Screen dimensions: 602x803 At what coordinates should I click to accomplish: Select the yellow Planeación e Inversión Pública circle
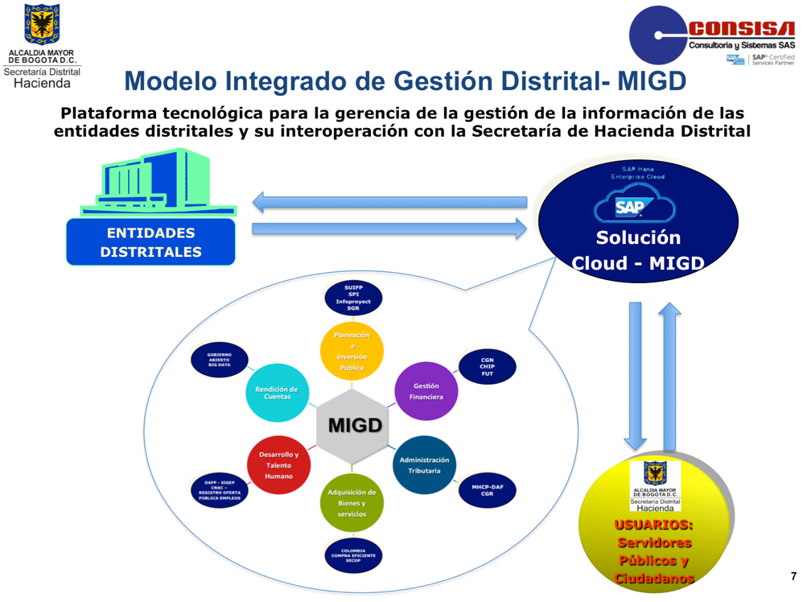(352, 351)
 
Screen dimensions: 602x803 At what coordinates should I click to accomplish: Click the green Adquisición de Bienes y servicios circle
(352, 502)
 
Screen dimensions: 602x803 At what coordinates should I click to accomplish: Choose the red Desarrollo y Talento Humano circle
(278, 464)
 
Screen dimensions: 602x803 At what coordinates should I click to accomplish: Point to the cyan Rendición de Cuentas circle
(276, 391)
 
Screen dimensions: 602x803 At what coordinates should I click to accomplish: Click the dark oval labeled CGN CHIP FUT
(487, 367)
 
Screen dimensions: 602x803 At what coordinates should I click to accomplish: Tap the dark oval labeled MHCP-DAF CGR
(487, 489)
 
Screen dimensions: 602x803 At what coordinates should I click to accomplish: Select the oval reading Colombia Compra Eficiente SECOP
(352, 555)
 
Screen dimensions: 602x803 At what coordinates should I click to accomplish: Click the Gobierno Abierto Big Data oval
(219, 359)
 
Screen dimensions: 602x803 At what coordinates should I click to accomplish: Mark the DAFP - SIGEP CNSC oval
(219, 490)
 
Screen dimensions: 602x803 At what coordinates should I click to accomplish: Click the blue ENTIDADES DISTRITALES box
(150, 241)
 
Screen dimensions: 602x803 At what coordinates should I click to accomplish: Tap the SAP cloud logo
(630, 206)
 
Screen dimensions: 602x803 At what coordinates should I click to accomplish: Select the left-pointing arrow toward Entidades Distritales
(389, 201)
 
